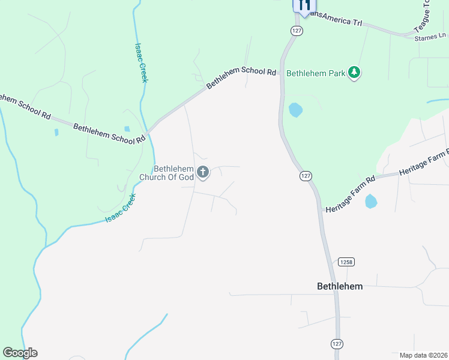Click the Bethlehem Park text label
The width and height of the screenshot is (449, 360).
pos(316,73)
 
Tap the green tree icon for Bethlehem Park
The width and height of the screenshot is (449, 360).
pos(355,73)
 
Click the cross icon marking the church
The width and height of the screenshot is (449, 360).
pos(203,173)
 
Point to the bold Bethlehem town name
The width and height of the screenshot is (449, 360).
pos(340,286)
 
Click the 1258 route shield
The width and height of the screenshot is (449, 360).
pos(346,262)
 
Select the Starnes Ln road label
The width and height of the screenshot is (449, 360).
pos(427,38)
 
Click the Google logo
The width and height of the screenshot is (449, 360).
pos(20,353)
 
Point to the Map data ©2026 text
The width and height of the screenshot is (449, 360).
pos(423,355)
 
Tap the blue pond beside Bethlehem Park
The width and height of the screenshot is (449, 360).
pos(295,110)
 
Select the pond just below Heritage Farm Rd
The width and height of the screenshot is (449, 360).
pos(371,202)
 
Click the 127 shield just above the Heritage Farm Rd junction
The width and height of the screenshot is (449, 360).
pos(306,176)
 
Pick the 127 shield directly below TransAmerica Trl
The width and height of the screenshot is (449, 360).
pos(296,30)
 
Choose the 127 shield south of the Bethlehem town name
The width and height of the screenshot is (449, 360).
pos(336,343)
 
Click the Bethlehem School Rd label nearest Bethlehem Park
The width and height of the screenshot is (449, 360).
pos(241,78)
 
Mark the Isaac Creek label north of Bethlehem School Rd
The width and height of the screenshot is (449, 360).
pos(140,62)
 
